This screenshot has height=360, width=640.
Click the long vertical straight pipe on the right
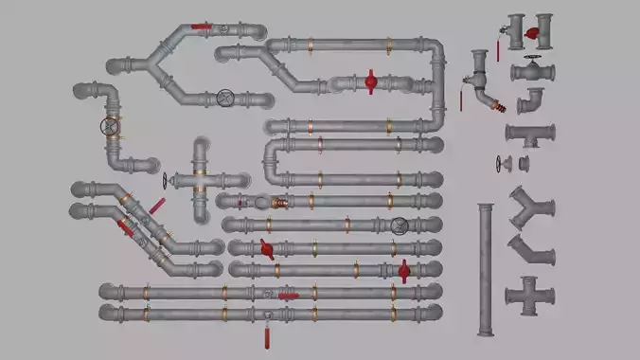(486, 269)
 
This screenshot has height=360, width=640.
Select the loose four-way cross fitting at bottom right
(529, 297)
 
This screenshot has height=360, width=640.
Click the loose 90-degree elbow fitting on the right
(531, 100)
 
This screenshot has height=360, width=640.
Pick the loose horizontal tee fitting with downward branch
(529, 134)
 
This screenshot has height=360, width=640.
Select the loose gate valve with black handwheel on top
(532, 70)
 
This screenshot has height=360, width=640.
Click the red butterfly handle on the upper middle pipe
(370, 82)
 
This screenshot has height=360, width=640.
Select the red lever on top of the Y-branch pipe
(202, 27)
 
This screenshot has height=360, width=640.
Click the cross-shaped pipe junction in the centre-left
(201, 180)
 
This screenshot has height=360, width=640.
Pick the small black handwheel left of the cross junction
(166, 181)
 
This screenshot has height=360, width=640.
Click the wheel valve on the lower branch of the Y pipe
(225, 97)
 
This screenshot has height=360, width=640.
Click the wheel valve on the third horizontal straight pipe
(400, 225)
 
